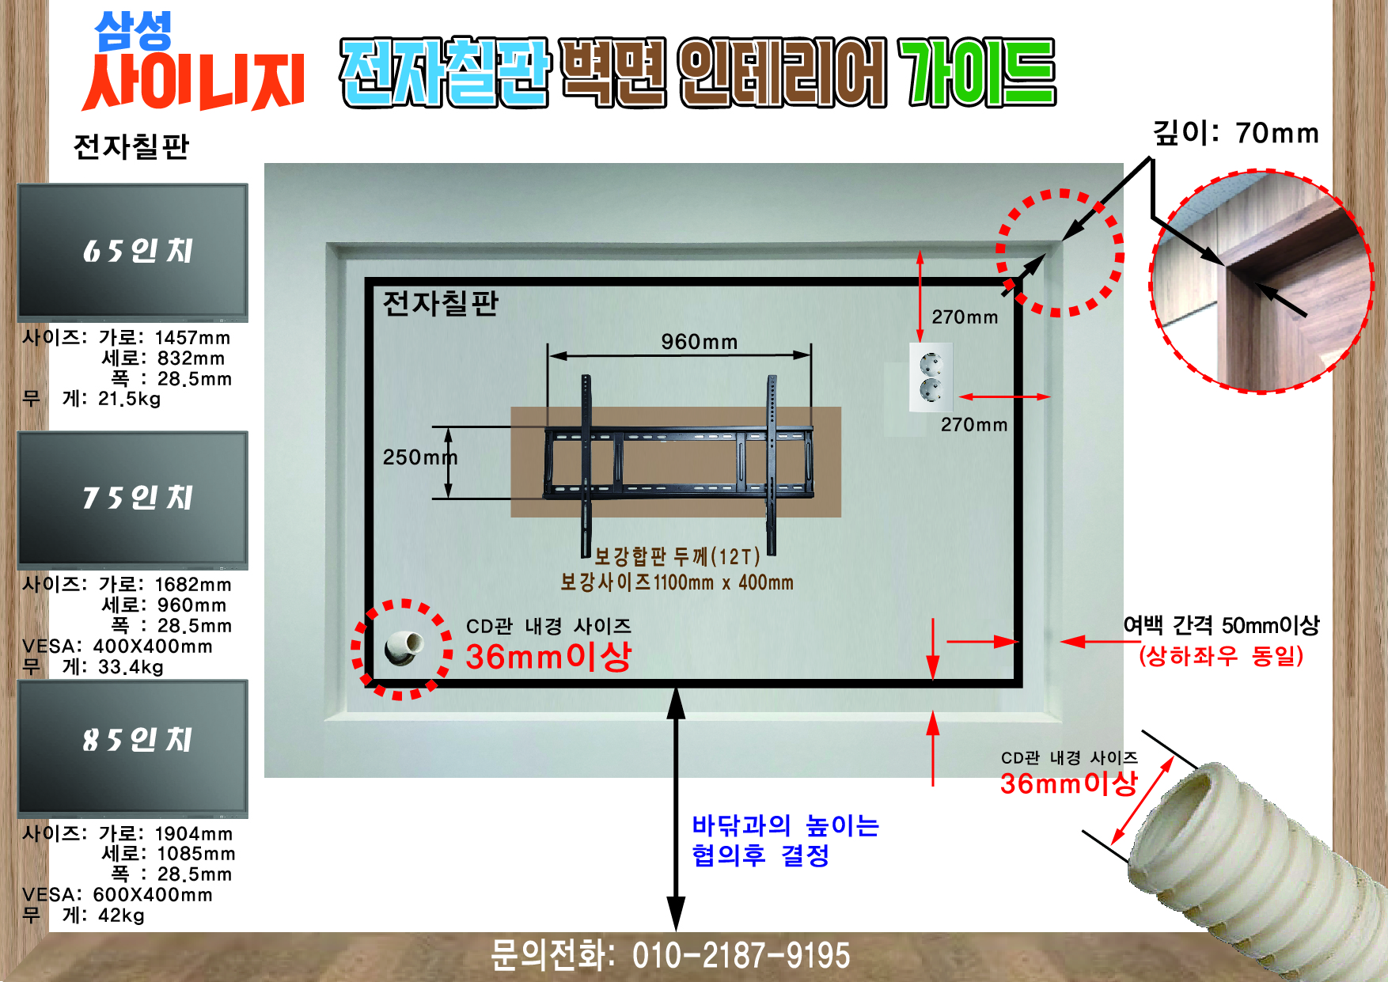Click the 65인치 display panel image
pyautogui.click(x=133, y=252)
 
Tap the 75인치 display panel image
pyautogui.click(x=133, y=500)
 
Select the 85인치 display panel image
pyautogui.click(x=133, y=749)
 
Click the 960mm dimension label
pyautogui.click(x=700, y=342)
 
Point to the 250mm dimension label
pyautogui.click(x=420, y=457)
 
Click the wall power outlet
pyautogui.click(x=931, y=377)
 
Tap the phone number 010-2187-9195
pyautogui.click(x=741, y=955)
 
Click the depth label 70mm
pyautogui.click(x=1277, y=133)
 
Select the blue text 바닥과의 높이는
pyautogui.click(x=785, y=825)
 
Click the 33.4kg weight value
pyautogui.click(x=131, y=667)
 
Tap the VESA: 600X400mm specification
pyautogui.click(x=117, y=895)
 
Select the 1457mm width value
pyautogui.click(x=192, y=338)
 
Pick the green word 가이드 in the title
pyautogui.click(x=977, y=73)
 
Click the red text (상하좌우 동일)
pyautogui.click(x=1221, y=656)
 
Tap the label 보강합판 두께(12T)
pyautogui.click(x=677, y=557)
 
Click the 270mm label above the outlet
pyautogui.click(x=965, y=317)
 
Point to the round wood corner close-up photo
pyautogui.click(x=1261, y=281)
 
